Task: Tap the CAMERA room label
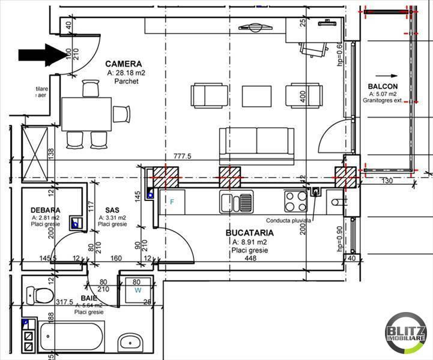click(123, 64)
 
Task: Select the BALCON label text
click(383, 87)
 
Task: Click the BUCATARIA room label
click(249, 233)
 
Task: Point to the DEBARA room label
click(45, 210)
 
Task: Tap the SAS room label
click(112, 210)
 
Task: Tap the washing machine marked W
click(138, 289)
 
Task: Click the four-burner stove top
click(295, 201)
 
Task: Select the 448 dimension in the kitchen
click(250, 260)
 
